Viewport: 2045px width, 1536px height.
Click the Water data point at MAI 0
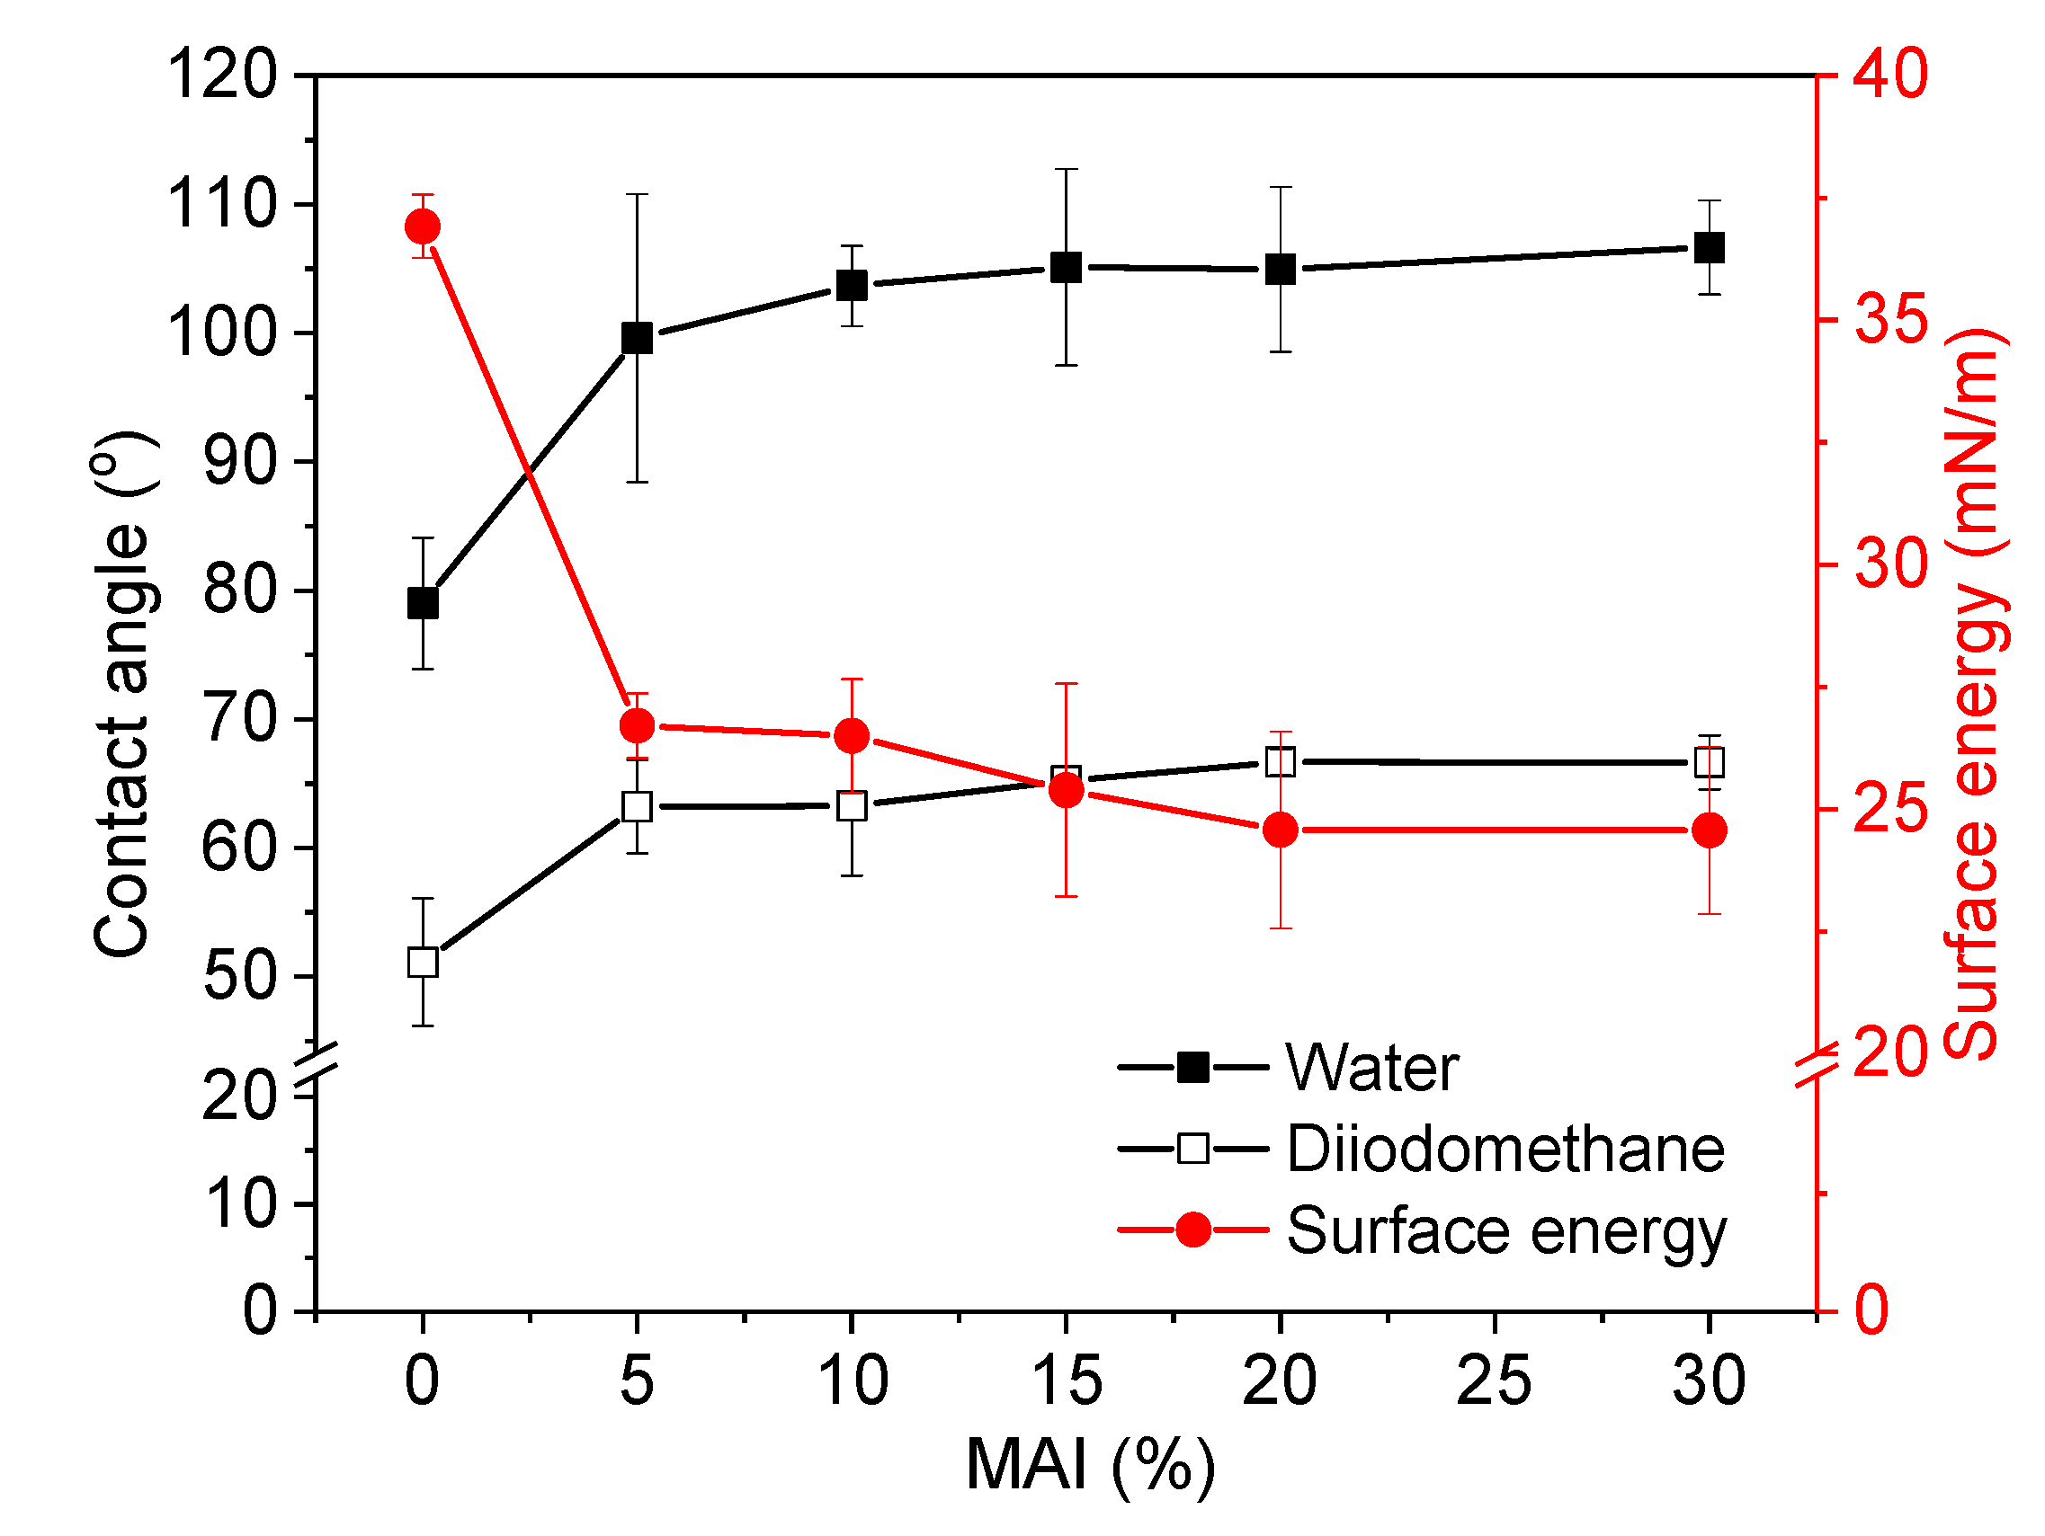tap(423, 603)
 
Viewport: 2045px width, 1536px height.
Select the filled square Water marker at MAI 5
tap(637, 338)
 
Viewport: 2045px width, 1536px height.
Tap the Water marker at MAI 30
tap(1709, 248)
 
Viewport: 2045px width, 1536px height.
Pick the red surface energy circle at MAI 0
tap(423, 226)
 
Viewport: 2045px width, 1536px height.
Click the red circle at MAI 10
tap(852, 736)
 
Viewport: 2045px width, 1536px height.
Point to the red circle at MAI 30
tap(1709, 830)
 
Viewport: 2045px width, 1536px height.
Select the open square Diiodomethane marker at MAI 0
tap(423, 962)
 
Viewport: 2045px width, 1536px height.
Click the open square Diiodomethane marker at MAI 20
tap(1281, 762)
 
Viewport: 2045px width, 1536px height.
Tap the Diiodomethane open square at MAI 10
tap(852, 806)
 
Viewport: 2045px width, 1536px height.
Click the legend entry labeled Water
tap(1372, 1069)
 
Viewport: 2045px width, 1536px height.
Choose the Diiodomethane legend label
tap(1505, 1150)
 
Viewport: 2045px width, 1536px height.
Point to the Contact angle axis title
tap(122, 693)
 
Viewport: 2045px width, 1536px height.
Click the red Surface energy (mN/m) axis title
tap(1974, 693)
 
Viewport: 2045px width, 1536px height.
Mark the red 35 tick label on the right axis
tap(1890, 320)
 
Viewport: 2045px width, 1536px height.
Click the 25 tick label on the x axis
tap(1494, 1381)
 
